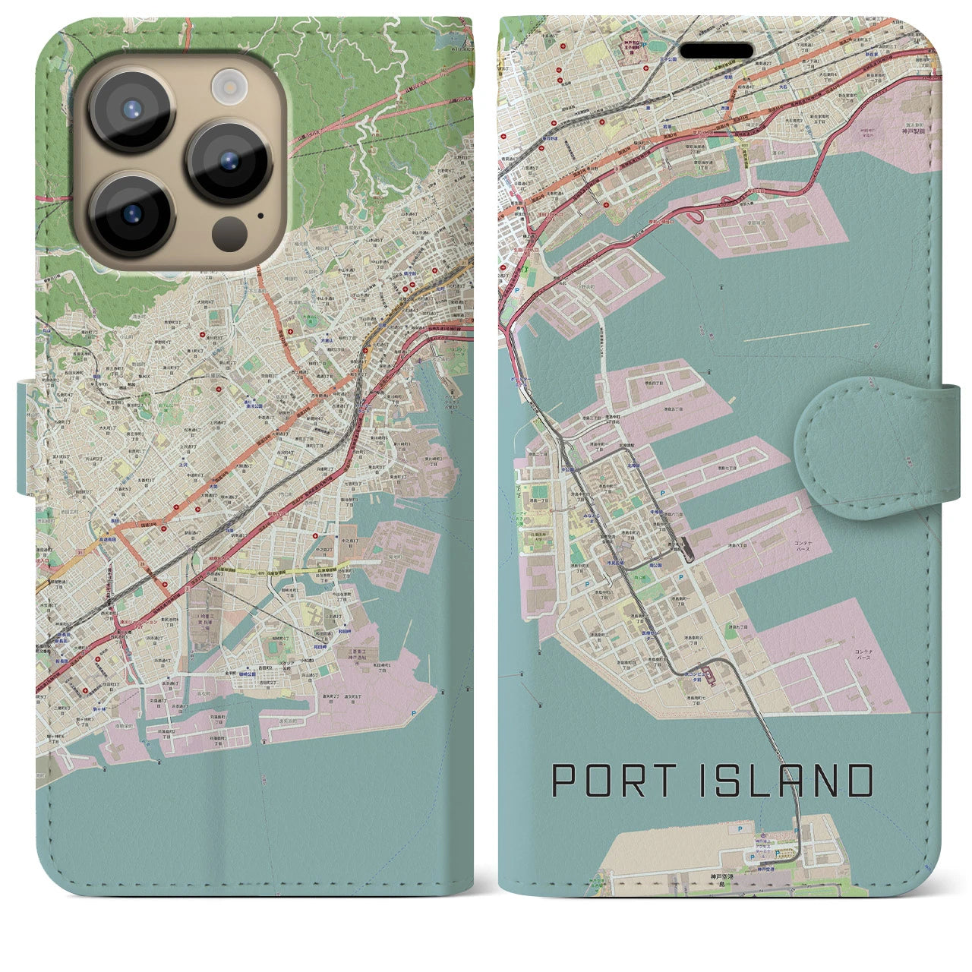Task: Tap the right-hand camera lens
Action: pos(228,161)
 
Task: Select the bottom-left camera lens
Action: pos(131,215)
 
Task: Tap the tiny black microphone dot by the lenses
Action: pos(260,214)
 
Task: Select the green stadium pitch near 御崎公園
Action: pos(273,647)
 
